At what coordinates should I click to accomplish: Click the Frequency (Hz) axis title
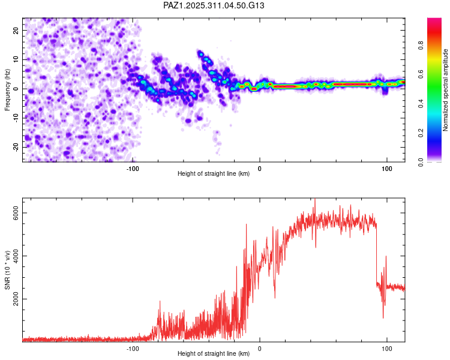pyautogui.click(x=7, y=89)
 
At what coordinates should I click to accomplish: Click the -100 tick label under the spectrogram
pyautogui.click(x=133, y=168)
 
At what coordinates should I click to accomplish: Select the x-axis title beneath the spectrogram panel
pyautogui.click(x=214, y=174)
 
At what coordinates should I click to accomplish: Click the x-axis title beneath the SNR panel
pyautogui.click(x=214, y=354)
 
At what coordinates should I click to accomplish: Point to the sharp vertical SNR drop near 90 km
pyautogui.click(x=376, y=252)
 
